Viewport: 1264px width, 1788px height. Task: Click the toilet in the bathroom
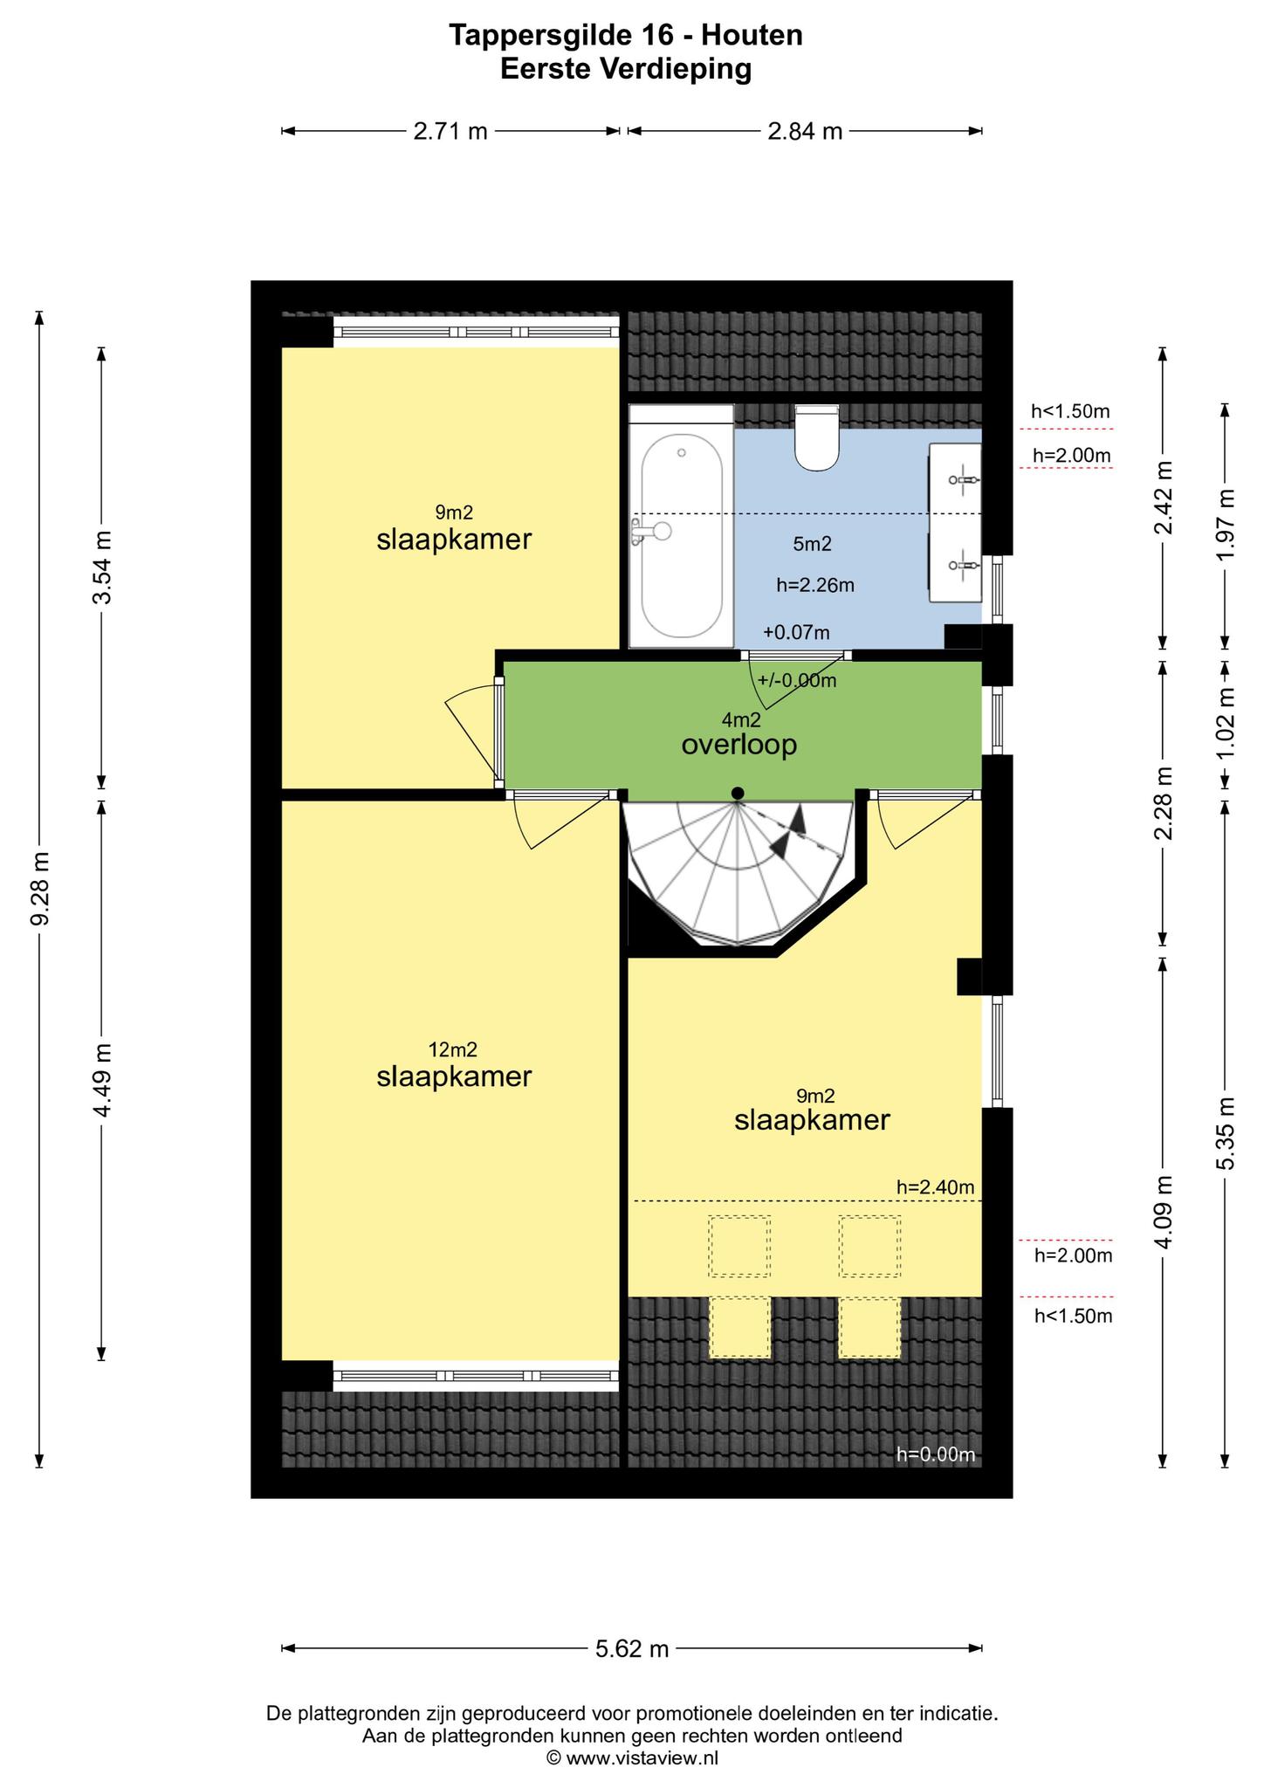(817, 437)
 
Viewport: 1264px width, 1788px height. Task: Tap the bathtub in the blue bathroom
(682, 526)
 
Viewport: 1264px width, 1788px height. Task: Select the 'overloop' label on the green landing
(739, 746)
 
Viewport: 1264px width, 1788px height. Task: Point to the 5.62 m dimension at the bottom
(632, 1648)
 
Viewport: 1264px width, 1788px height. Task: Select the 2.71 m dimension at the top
(450, 132)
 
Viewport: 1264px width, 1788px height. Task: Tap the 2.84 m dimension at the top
(805, 132)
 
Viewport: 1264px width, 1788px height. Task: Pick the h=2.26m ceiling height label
(815, 586)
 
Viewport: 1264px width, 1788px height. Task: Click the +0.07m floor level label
(796, 632)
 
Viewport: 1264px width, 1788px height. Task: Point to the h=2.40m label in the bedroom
(935, 1187)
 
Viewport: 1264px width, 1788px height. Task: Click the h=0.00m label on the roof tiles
(936, 1454)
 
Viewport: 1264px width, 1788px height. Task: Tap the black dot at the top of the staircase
(738, 793)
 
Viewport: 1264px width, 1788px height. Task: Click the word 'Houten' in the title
(752, 35)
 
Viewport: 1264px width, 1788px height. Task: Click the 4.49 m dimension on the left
(102, 1080)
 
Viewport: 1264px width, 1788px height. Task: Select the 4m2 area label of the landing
(741, 720)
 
